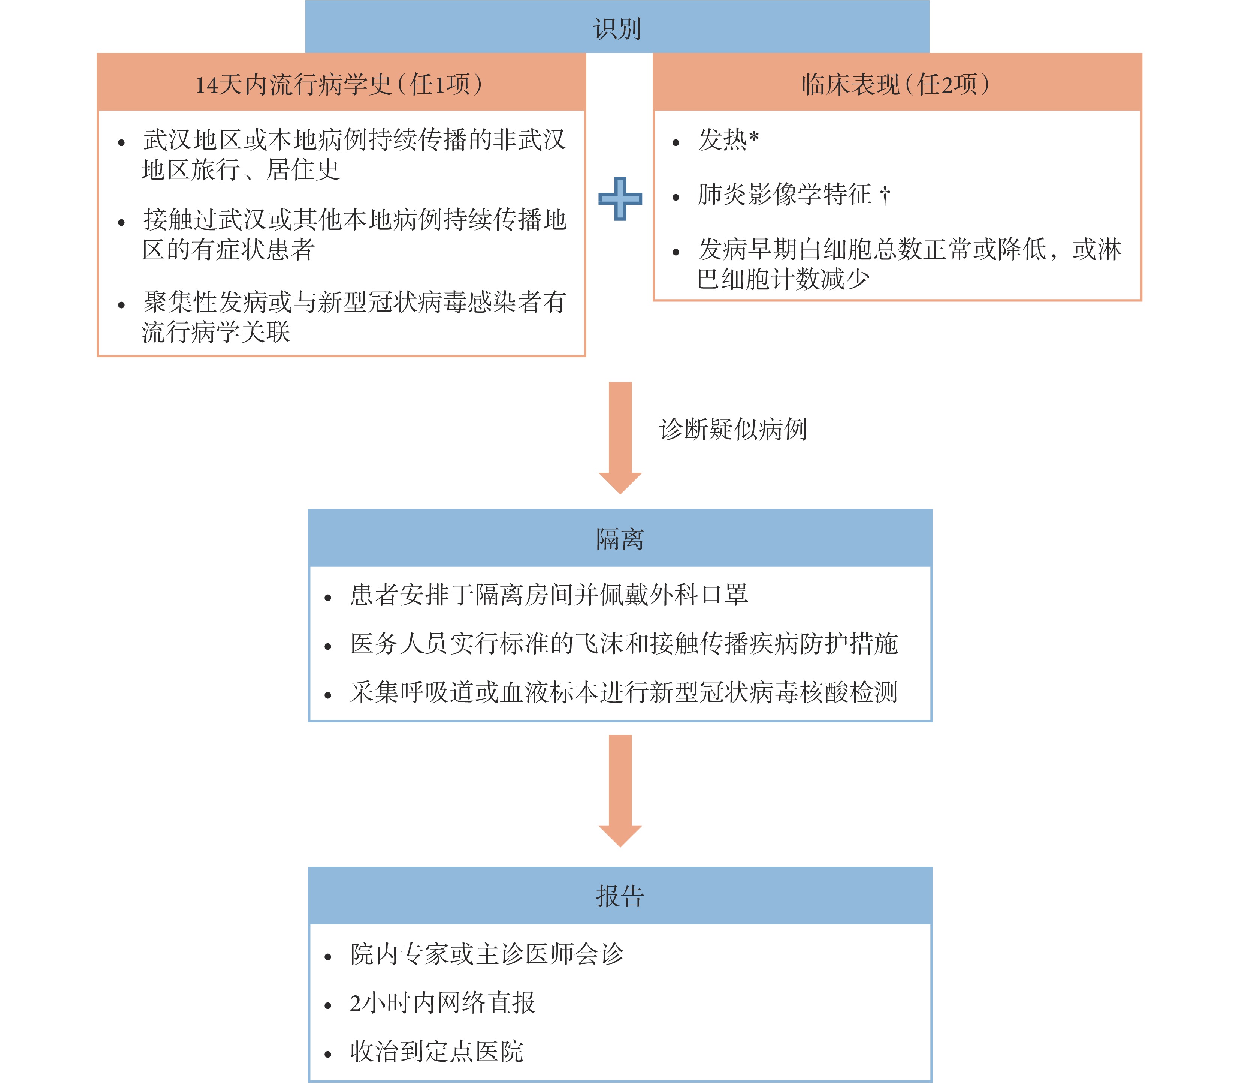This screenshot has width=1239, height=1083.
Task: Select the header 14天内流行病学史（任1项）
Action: (x=339, y=84)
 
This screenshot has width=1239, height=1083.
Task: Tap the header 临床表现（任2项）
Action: (x=897, y=84)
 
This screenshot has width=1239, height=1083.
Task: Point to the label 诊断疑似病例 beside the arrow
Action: (x=733, y=429)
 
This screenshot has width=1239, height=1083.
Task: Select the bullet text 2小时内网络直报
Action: (x=442, y=1003)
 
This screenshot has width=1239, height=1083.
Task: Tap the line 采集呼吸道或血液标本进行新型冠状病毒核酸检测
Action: (x=623, y=692)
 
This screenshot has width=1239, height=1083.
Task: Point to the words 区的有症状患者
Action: (x=228, y=249)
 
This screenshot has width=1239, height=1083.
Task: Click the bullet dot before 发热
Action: (x=676, y=142)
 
